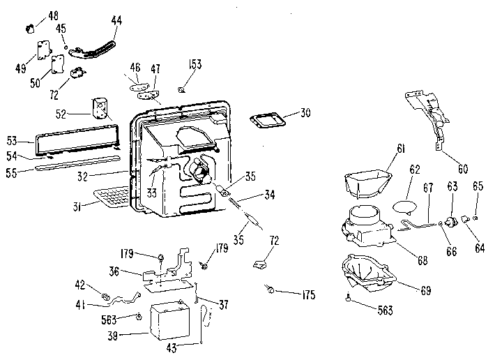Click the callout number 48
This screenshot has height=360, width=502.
54,15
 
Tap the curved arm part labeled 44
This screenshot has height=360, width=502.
92,51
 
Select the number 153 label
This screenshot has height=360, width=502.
195,64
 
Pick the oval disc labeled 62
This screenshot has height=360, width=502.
405,206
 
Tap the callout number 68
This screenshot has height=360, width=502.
423,260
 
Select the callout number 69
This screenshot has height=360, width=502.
426,290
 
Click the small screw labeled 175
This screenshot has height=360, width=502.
270,290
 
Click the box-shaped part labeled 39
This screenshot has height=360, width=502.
170,321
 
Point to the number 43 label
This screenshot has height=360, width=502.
172,348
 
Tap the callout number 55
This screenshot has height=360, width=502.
11,173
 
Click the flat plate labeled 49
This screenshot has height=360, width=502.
44,50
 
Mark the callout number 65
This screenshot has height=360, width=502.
478,186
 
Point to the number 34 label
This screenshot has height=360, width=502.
270,195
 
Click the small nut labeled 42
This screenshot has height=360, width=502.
106,297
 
